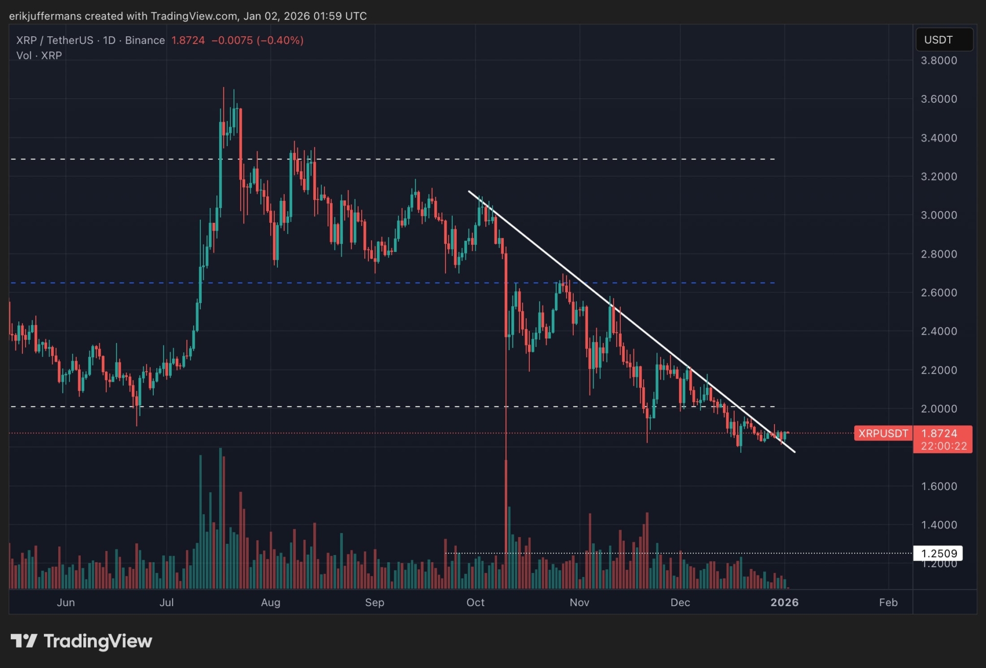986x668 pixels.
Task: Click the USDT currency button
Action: (x=944, y=40)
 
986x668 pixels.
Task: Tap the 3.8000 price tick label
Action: (x=938, y=60)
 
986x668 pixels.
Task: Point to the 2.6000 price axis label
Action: (x=938, y=292)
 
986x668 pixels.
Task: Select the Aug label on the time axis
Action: (x=270, y=603)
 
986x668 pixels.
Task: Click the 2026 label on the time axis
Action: (x=784, y=603)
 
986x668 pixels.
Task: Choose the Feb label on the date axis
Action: (x=888, y=603)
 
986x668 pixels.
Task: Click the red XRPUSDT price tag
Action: (x=883, y=433)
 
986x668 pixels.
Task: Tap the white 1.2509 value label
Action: (x=938, y=554)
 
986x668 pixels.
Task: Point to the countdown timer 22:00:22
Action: (x=944, y=446)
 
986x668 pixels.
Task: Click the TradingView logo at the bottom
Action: (x=82, y=641)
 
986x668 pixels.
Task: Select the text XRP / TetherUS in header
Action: (x=55, y=40)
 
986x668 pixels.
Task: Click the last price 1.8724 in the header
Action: (x=188, y=40)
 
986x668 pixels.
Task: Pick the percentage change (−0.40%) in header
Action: (x=280, y=40)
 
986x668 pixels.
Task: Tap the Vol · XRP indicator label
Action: (x=39, y=56)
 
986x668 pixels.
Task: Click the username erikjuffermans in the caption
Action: (x=45, y=16)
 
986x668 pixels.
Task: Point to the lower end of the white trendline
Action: (x=794, y=452)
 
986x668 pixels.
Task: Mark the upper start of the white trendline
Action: (x=469, y=192)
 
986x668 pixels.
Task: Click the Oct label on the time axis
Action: (x=475, y=603)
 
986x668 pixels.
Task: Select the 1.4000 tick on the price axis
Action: (x=938, y=525)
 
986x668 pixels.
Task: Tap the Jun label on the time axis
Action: (x=66, y=603)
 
